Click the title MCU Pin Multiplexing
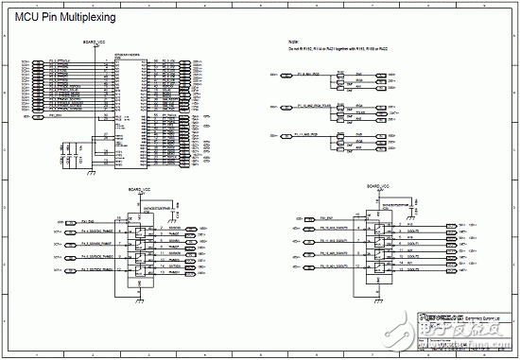(x=64, y=16)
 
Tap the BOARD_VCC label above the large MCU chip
(x=95, y=44)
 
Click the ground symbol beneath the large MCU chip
(x=89, y=173)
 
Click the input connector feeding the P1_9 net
(x=275, y=73)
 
